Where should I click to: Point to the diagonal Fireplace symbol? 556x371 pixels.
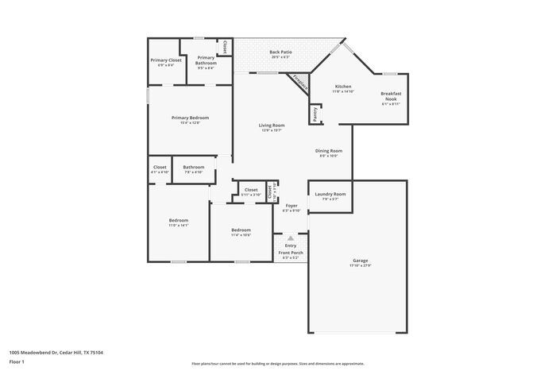tap(299, 81)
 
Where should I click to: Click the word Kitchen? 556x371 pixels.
tap(343, 87)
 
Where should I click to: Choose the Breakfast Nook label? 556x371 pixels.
tap(391, 96)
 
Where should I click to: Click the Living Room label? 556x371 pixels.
tap(272, 125)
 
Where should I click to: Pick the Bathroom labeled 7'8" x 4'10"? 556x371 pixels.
tap(194, 168)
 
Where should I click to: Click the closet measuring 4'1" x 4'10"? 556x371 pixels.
tap(160, 168)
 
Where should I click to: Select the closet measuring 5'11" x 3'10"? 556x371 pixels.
tap(251, 190)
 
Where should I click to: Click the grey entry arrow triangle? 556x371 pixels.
tap(291, 237)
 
